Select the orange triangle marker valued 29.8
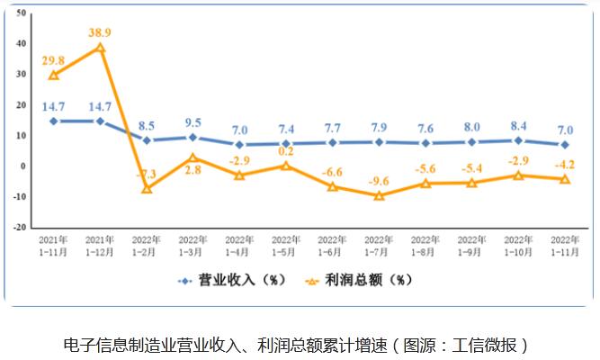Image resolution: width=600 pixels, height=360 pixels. point(54,75)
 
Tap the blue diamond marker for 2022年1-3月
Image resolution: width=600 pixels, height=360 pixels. point(193,137)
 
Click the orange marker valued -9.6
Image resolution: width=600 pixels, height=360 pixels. point(380,195)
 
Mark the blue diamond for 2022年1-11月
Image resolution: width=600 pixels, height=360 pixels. point(565,144)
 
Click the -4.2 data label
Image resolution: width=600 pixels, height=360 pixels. point(565,164)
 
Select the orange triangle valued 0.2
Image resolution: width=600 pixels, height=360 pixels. point(286,166)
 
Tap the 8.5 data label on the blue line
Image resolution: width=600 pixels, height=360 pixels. point(147,124)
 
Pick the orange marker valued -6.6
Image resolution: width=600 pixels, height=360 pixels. point(333,186)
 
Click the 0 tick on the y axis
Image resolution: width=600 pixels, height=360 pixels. point(22,166)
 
